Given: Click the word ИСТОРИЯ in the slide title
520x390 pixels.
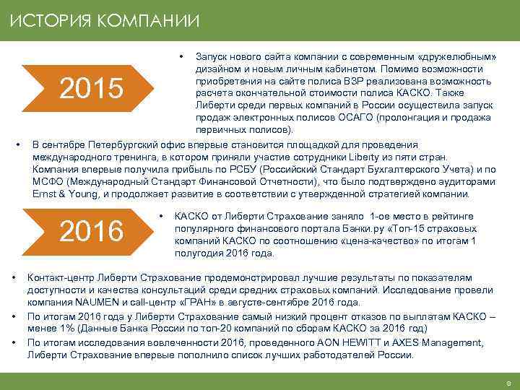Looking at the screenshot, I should point(45,19).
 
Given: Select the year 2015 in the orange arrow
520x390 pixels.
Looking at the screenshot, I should point(91,89).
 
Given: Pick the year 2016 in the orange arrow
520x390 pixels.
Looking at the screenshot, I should point(91,232).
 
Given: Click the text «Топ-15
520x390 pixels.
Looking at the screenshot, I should point(414,227).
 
